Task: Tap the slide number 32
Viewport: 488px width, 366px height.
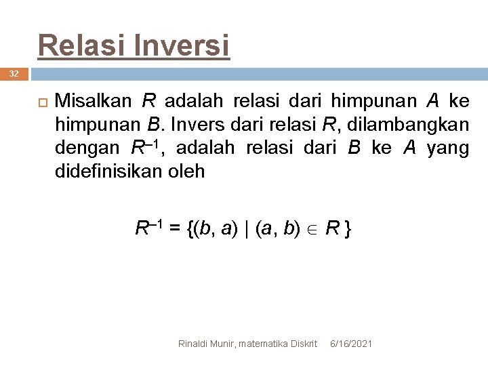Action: click(x=14, y=73)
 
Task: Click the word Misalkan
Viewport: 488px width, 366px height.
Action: click(x=92, y=102)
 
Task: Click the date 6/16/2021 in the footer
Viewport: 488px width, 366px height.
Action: click(x=350, y=344)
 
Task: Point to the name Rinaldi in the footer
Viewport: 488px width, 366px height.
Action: click(x=193, y=344)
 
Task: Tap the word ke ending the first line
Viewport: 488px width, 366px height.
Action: click(x=459, y=102)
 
